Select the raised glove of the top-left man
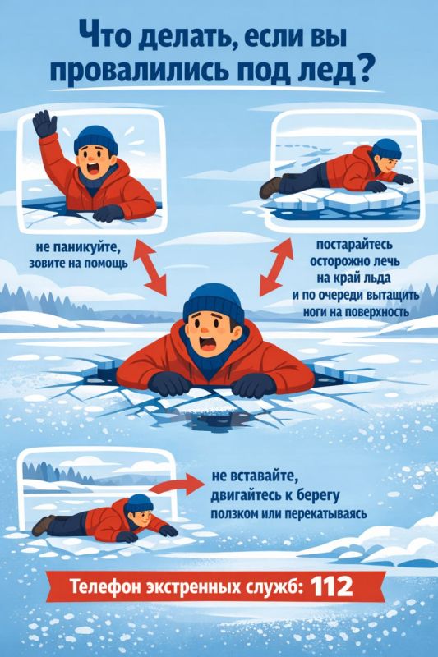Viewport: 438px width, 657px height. point(44,126)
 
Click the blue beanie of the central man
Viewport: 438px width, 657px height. point(213,302)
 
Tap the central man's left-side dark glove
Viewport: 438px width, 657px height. point(168,383)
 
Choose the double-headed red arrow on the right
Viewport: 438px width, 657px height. point(275,264)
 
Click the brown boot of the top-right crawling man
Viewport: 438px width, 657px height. point(270,187)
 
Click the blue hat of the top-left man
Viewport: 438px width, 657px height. point(95,139)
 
